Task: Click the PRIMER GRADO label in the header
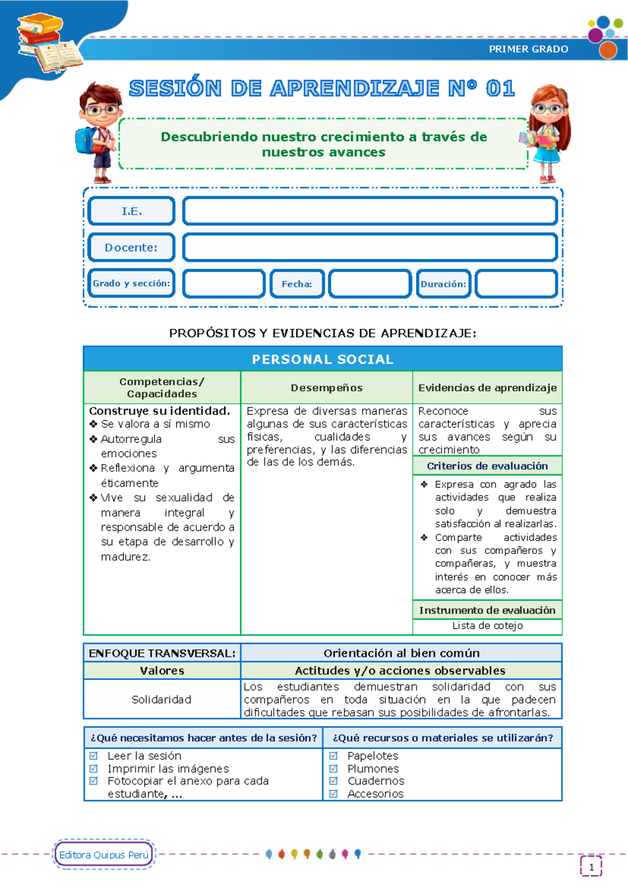tap(528, 49)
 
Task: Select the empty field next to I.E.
tap(369, 211)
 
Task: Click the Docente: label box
tap(131, 247)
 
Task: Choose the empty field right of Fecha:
tap(369, 284)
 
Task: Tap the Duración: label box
tap(443, 284)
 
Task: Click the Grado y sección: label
tap(131, 283)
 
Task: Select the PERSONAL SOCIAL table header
tap(322, 359)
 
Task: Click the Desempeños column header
tap(327, 388)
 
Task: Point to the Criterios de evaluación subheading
tap(487, 466)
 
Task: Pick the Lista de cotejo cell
tap(487, 626)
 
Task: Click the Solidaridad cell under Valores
tap(161, 700)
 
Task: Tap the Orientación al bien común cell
tap(401, 653)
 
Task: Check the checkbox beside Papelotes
tap(333, 756)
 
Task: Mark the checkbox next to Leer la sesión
tap(94, 756)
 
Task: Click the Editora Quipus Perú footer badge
tap(104, 854)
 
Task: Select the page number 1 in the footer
tap(591, 867)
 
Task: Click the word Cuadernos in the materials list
tap(376, 781)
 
